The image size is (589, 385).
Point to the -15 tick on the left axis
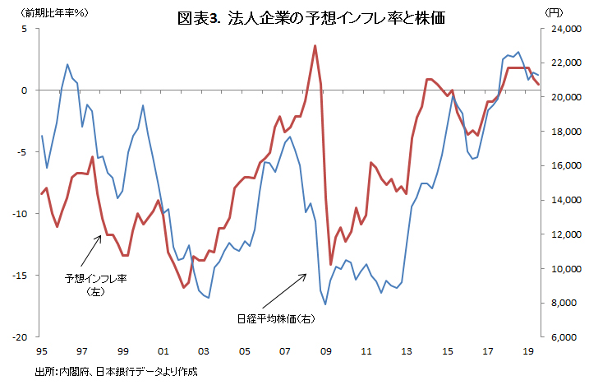click(x=21, y=276)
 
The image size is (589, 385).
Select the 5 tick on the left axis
click(x=25, y=29)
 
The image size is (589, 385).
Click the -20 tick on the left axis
click(x=21, y=337)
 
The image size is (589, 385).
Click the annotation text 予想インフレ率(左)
click(x=96, y=285)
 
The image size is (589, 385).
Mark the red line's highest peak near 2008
click(x=315, y=46)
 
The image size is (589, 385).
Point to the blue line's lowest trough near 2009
click(x=325, y=304)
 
